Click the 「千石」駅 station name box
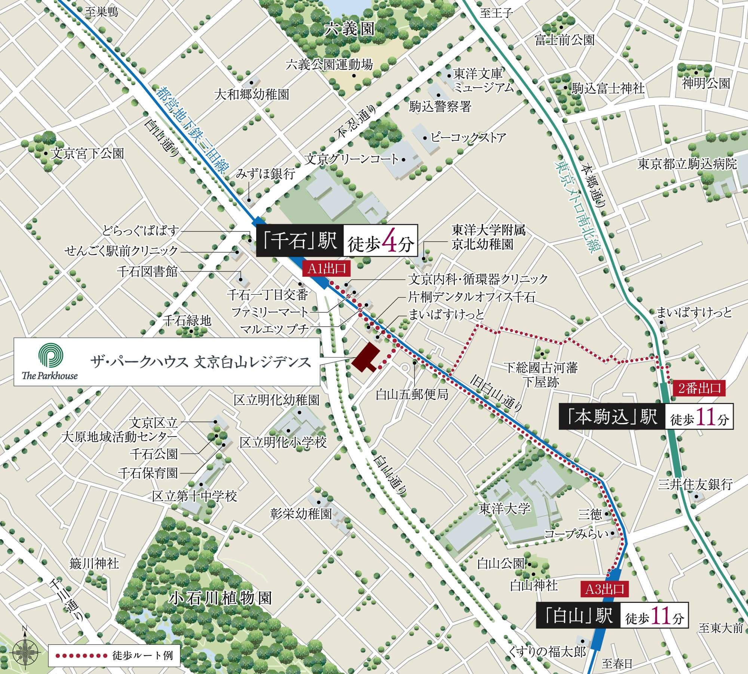click(x=300, y=240)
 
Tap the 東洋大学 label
click(x=505, y=508)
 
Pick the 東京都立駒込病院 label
click(x=687, y=164)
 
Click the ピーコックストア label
click(x=468, y=137)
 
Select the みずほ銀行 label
click(x=266, y=174)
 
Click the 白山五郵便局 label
click(x=412, y=394)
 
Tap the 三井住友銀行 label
click(x=695, y=485)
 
